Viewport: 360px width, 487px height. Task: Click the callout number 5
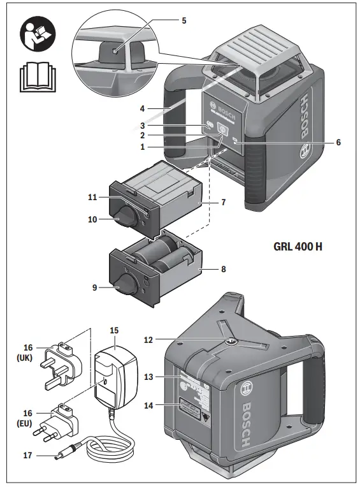point(184,20)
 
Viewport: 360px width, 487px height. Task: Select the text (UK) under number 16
point(25,358)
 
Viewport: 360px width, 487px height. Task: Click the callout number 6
point(338,142)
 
